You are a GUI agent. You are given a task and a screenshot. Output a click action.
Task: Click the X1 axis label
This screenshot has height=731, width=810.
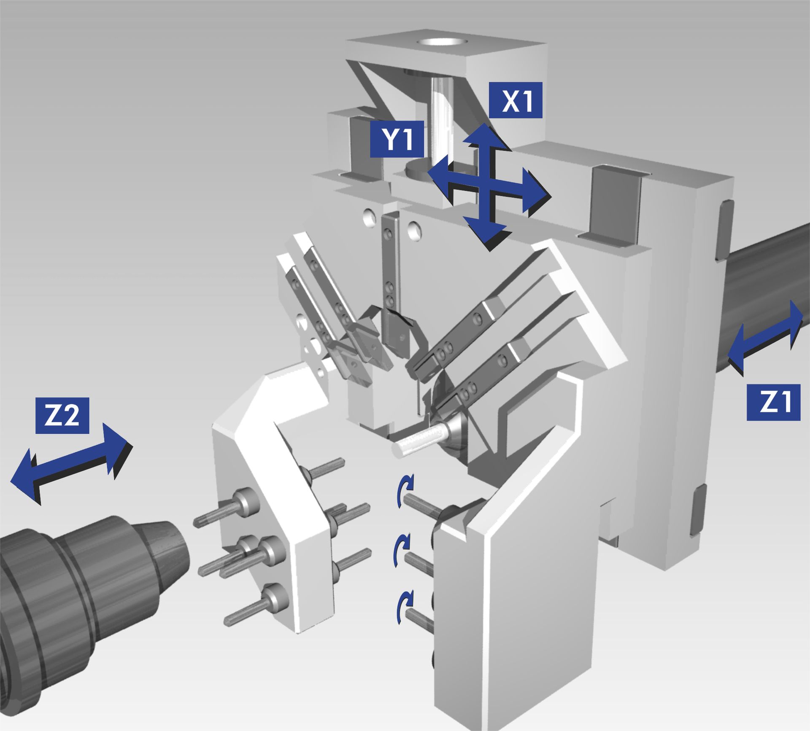(x=516, y=100)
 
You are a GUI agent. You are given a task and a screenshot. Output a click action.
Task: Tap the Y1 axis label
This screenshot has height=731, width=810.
(x=397, y=139)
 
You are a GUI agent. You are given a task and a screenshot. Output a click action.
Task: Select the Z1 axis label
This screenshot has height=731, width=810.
(x=773, y=402)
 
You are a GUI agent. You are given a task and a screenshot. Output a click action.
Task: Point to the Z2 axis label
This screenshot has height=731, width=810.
(x=62, y=415)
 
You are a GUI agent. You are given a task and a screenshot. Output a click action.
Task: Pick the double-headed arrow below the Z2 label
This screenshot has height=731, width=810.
(x=70, y=464)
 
